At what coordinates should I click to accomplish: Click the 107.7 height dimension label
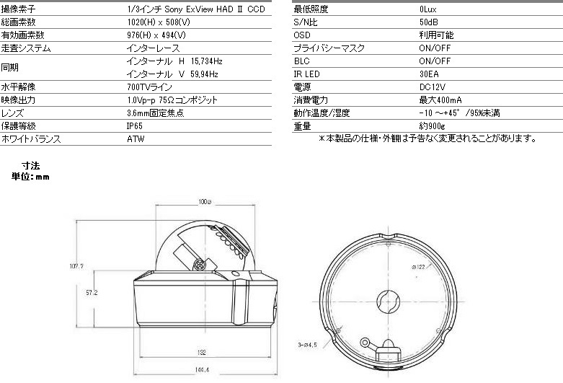coord(76,266)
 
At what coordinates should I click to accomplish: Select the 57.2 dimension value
coord(92,293)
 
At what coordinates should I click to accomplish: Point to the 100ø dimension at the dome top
coord(205,201)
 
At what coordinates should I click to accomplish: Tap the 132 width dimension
coord(202,353)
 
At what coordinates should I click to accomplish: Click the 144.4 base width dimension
coord(202,370)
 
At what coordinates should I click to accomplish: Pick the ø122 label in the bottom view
coord(418,267)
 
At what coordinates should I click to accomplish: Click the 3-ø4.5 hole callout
coord(307,345)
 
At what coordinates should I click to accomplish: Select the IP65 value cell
coord(135,126)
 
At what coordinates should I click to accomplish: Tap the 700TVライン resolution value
coord(149,87)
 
